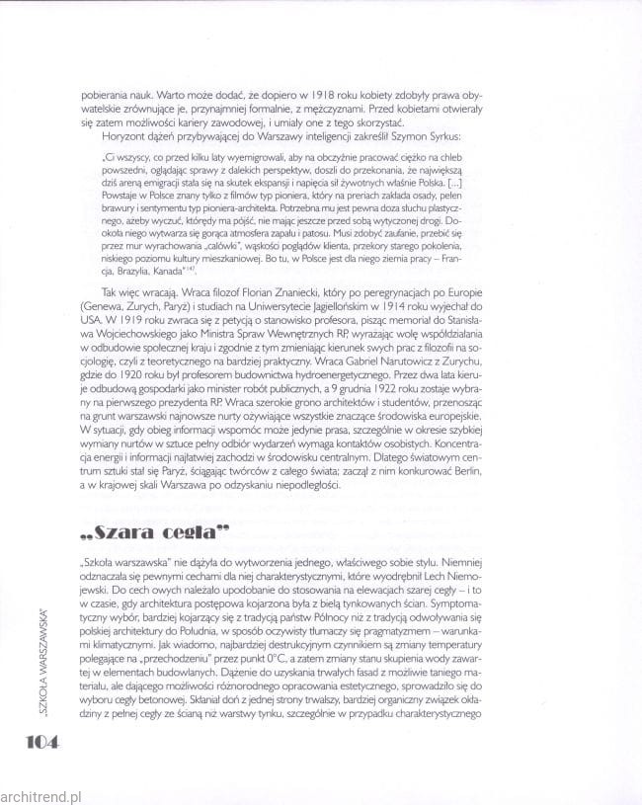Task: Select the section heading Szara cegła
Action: (151, 535)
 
